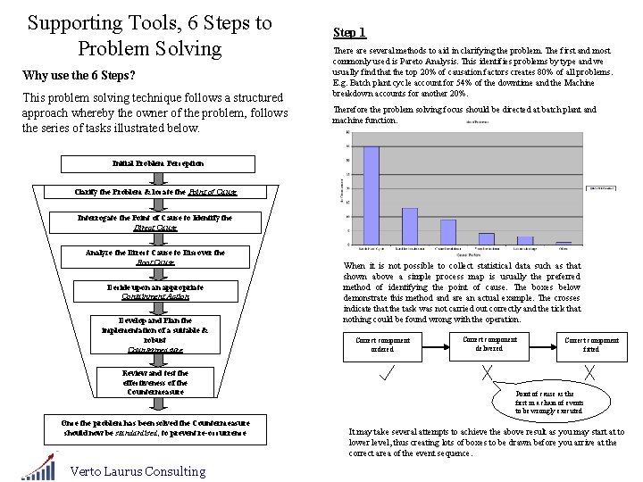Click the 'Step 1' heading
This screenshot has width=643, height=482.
[349, 33]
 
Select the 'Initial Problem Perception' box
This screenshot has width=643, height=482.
[158, 163]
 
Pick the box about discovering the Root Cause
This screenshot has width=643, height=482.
[155, 257]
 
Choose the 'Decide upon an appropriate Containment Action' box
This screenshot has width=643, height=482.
[156, 291]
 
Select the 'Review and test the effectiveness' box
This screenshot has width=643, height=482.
[155, 382]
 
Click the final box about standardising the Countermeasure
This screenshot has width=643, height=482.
[156, 427]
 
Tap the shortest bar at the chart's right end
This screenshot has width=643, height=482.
[564, 243]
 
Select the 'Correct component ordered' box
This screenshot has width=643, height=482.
[383, 345]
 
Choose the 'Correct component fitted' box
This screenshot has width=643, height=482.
[591, 345]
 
